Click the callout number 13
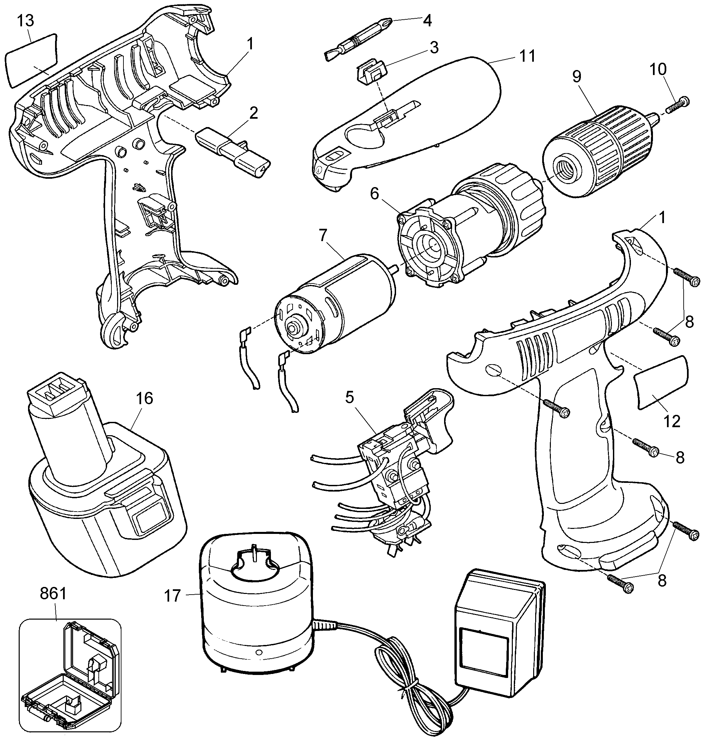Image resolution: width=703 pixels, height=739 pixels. [x=25, y=21]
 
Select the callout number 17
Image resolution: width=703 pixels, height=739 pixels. [x=172, y=596]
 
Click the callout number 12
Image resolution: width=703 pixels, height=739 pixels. [x=672, y=422]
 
